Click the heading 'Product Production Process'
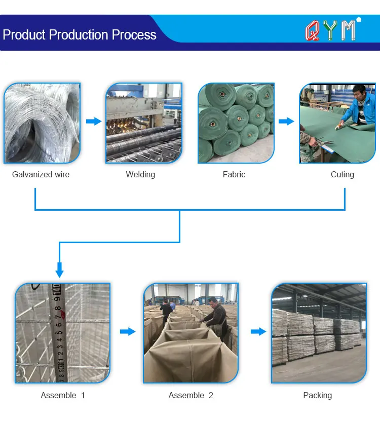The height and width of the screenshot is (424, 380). point(80,35)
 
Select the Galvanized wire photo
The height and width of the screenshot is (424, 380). point(42,123)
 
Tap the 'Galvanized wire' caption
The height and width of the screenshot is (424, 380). point(41,175)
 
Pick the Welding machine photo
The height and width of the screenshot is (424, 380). point(144,123)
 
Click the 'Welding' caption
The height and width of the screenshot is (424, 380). point(140,175)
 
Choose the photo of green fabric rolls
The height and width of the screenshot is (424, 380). point(236,123)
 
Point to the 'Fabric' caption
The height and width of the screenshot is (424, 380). point(234,175)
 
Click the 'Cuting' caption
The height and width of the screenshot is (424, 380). point(343,175)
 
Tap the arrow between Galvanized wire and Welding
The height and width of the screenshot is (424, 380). point(94,122)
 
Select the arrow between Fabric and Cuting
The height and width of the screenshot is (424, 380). point(287,122)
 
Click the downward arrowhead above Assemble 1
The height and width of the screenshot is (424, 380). point(59,272)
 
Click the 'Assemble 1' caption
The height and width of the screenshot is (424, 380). point(63,396)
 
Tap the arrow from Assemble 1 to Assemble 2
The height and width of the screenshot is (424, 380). point(128,332)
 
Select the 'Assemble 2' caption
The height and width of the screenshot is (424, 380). point(191,396)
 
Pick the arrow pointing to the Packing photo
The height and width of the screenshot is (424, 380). point(258,332)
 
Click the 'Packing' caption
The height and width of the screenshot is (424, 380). point(318,396)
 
